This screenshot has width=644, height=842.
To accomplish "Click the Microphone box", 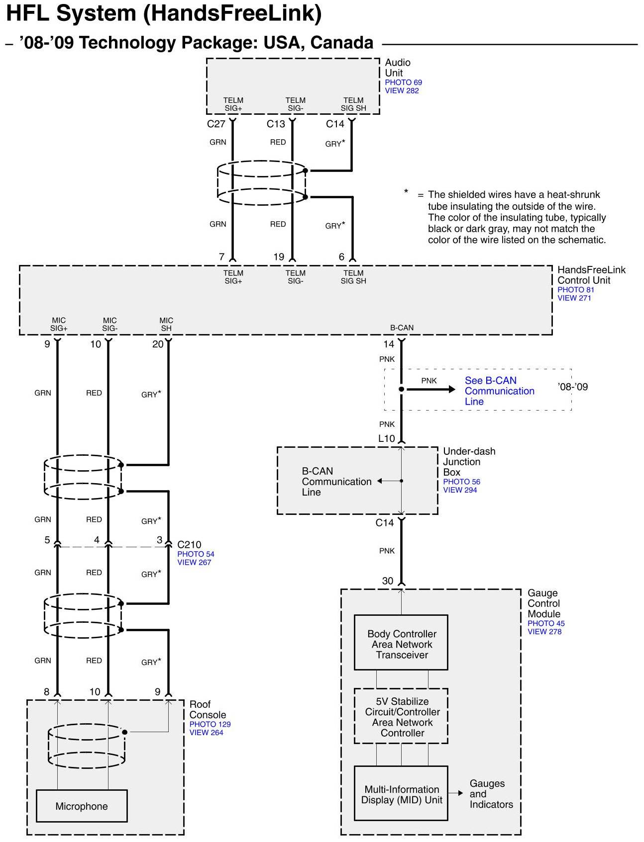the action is coord(82,806).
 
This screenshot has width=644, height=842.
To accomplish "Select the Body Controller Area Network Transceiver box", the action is coord(401,642).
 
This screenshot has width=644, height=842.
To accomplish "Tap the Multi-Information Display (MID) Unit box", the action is coord(401,793).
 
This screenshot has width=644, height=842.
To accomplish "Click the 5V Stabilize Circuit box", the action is coord(401,716).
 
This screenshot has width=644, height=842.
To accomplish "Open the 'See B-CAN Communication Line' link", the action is coord(499,391).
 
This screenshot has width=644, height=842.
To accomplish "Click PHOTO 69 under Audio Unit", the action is coord(403,83).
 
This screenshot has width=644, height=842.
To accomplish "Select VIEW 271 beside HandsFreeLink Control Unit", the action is coord(574,298).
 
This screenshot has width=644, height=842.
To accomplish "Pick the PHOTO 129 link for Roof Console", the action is coord(210,724).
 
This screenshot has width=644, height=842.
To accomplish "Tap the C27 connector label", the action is coord(216,124).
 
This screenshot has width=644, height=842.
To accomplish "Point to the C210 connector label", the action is coord(189,545).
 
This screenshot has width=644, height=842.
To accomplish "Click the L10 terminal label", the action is coord(387,438).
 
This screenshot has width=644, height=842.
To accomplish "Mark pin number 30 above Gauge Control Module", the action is coord(388,581).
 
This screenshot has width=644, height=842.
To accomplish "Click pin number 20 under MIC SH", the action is coord(158,344).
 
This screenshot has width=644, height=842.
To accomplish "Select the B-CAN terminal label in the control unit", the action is coord(402,328).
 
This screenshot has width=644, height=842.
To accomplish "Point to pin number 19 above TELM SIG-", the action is coord(279,257).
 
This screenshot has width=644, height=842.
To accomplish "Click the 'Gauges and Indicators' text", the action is coord(491,794).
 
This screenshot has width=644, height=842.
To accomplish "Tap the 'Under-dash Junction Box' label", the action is coord(469,462).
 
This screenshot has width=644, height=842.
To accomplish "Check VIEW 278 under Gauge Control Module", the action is coord(544,632).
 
